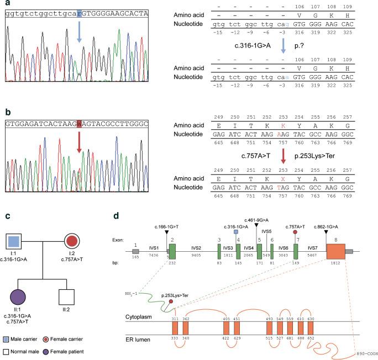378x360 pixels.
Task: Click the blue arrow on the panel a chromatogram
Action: coord(80,32)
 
